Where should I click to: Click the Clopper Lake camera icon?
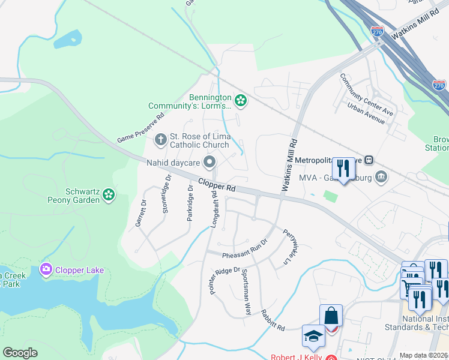pos(46,270)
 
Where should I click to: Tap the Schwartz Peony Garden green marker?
pos(109,194)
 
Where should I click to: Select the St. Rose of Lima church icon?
pos(160,140)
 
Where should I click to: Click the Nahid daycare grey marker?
pos(209,161)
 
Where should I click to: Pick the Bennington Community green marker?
pos(241,101)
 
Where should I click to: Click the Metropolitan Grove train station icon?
pos(370,160)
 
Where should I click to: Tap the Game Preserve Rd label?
pos(140,128)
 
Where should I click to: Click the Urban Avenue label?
pos(366,112)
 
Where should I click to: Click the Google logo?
pos(20,353)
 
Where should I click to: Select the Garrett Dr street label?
pos(140,213)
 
